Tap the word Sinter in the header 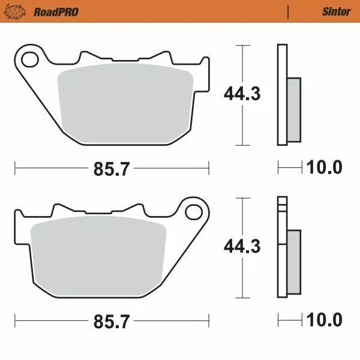(x=336, y=11)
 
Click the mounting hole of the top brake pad (x=28, y=58)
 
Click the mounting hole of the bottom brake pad (x=193, y=212)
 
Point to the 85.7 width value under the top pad (x=112, y=169)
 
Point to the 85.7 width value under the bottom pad (x=112, y=322)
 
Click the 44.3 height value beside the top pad (x=242, y=94)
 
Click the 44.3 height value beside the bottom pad (x=242, y=247)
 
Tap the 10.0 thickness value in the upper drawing (x=324, y=167)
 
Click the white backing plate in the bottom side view (x=281, y=252)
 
